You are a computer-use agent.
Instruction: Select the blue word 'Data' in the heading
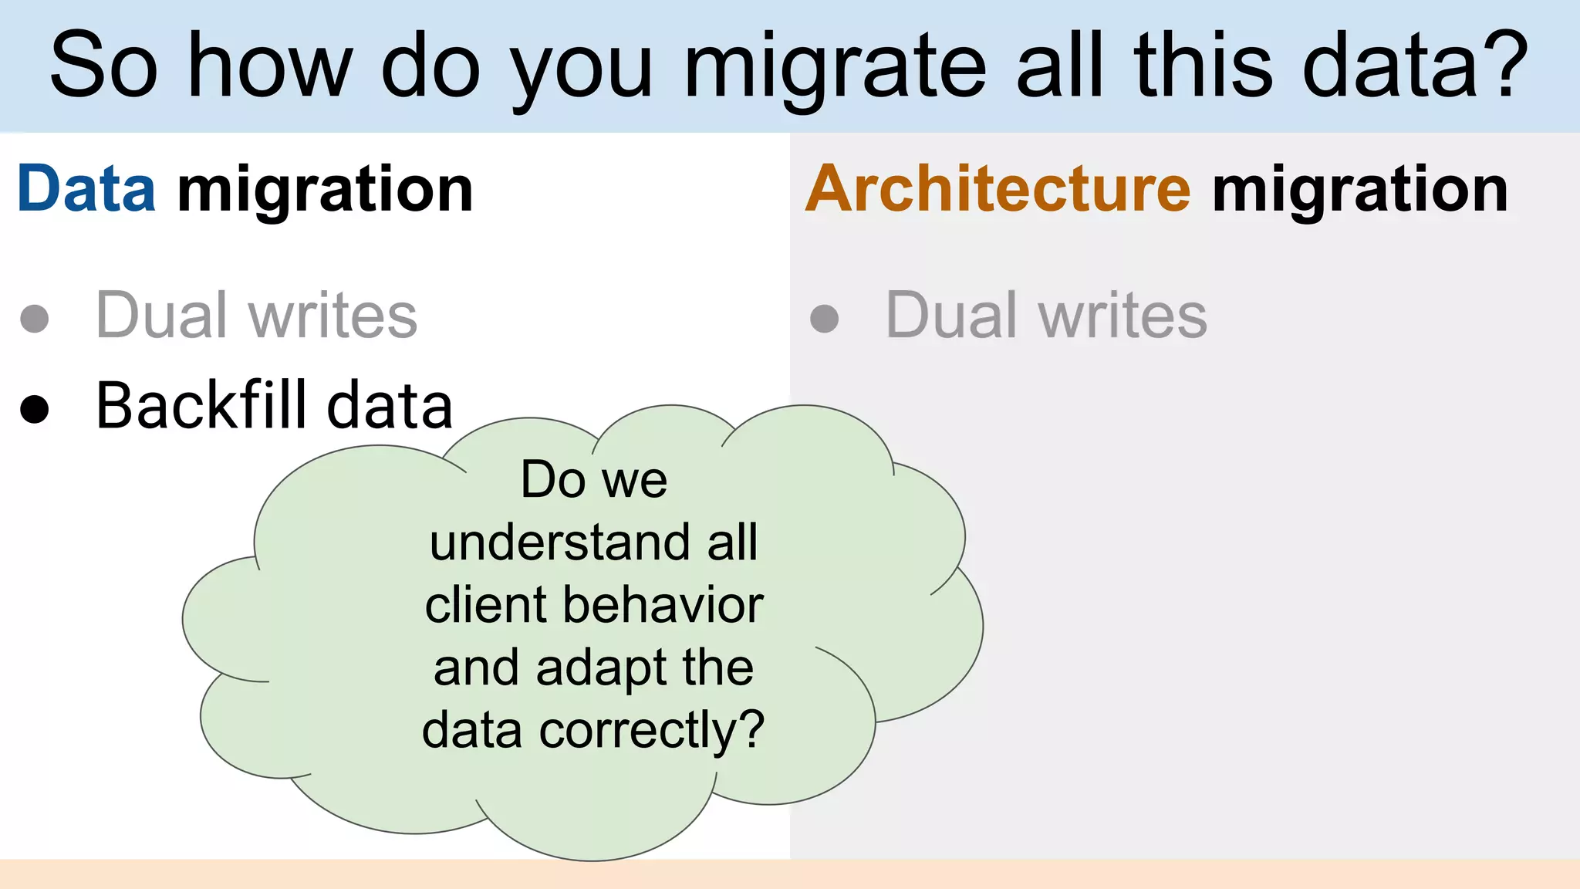[86, 189]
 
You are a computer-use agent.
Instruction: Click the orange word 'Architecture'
[998, 189]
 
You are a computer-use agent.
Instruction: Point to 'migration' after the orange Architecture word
[1359, 191]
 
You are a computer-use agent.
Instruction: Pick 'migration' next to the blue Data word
[325, 191]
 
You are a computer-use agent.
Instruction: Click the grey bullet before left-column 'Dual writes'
[35, 318]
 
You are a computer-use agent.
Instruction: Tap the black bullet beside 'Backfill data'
[35, 408]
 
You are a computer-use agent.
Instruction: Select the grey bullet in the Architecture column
[825, 318]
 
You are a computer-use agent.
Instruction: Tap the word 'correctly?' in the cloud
[652, 730]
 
